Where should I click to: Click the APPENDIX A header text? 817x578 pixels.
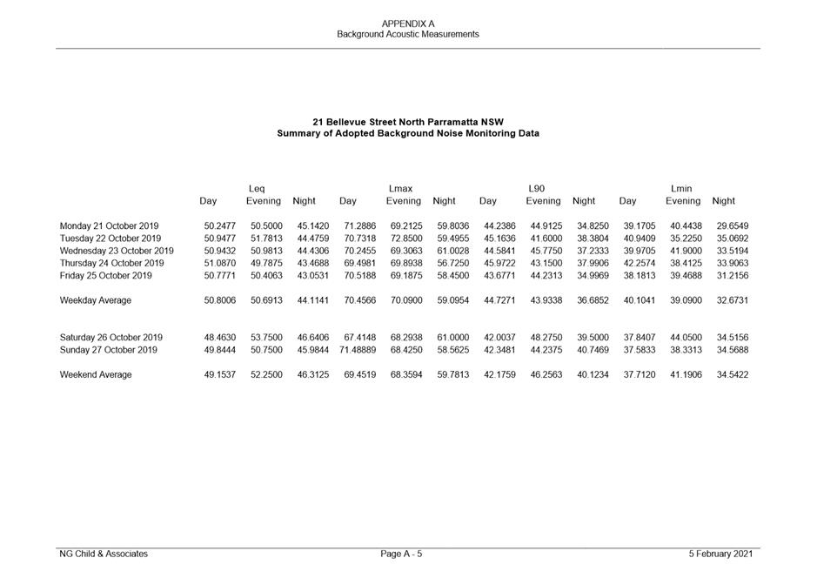pyautogui.click(x=408, y=24)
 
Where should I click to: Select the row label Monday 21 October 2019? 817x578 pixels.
pyautogui.click(x=109, y=226)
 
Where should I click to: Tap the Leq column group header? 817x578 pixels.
pyautogui.click(x=257, y=189)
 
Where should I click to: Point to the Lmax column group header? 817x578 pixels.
pyautogui.click(x=400, y=189)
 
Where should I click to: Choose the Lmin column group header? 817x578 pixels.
pyautogui.click(x=681, y=189)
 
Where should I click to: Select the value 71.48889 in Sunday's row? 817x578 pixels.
pyautogui.click(x=358, y=350)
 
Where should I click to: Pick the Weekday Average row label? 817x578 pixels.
pyautogui.click(x=96, y=300)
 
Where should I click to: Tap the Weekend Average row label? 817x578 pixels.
pyautogui.click(x=96, y=375)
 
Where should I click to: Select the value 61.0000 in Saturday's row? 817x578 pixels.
pyautogui.click(x=452, y=338)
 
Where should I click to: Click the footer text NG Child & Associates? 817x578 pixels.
pyautogui.click(x=104, y=554)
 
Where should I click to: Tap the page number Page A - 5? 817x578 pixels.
pyautogui.click(x=402, y=554)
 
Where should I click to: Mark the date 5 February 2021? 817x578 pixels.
pyautogui.click(x=720, y=554)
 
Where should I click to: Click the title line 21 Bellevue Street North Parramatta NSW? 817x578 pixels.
pyautogui.click(x=407, y=122)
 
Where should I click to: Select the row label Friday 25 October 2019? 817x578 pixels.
pyautogui.click(x=105, y=276)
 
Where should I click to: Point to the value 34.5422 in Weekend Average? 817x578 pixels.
pyautogui.click(x=732, y=375)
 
